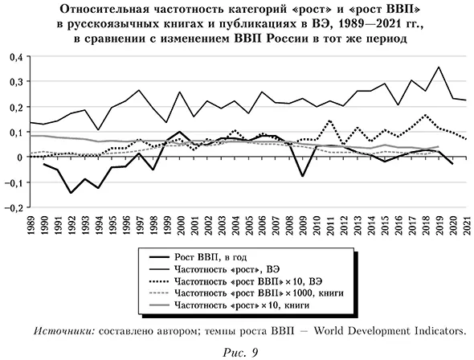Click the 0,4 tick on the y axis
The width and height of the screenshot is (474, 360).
14,58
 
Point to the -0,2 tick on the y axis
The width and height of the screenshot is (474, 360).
13,207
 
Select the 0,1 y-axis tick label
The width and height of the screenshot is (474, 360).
14,133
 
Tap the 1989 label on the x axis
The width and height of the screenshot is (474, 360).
31,226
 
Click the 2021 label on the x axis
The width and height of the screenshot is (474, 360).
465,226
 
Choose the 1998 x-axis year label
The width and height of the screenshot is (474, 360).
153,226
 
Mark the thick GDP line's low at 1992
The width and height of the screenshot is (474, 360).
72,193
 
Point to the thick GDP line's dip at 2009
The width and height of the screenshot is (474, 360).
302,176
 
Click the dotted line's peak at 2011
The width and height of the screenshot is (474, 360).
329,121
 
